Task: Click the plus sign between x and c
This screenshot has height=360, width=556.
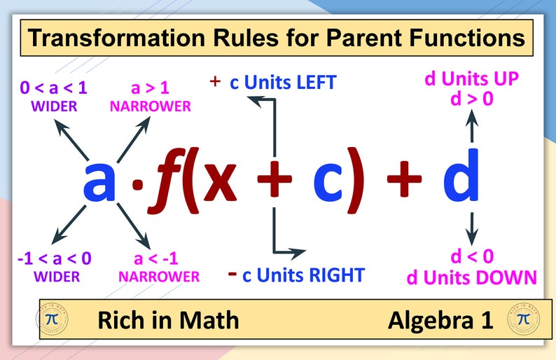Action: coord(274,181)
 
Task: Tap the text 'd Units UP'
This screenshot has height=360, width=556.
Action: coord(472,79)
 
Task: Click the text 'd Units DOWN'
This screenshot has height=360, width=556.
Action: coord(472,277)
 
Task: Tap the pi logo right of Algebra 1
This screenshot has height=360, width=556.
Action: coord(522,319)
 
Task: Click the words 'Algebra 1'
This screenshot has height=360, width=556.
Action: coord(440,320)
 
